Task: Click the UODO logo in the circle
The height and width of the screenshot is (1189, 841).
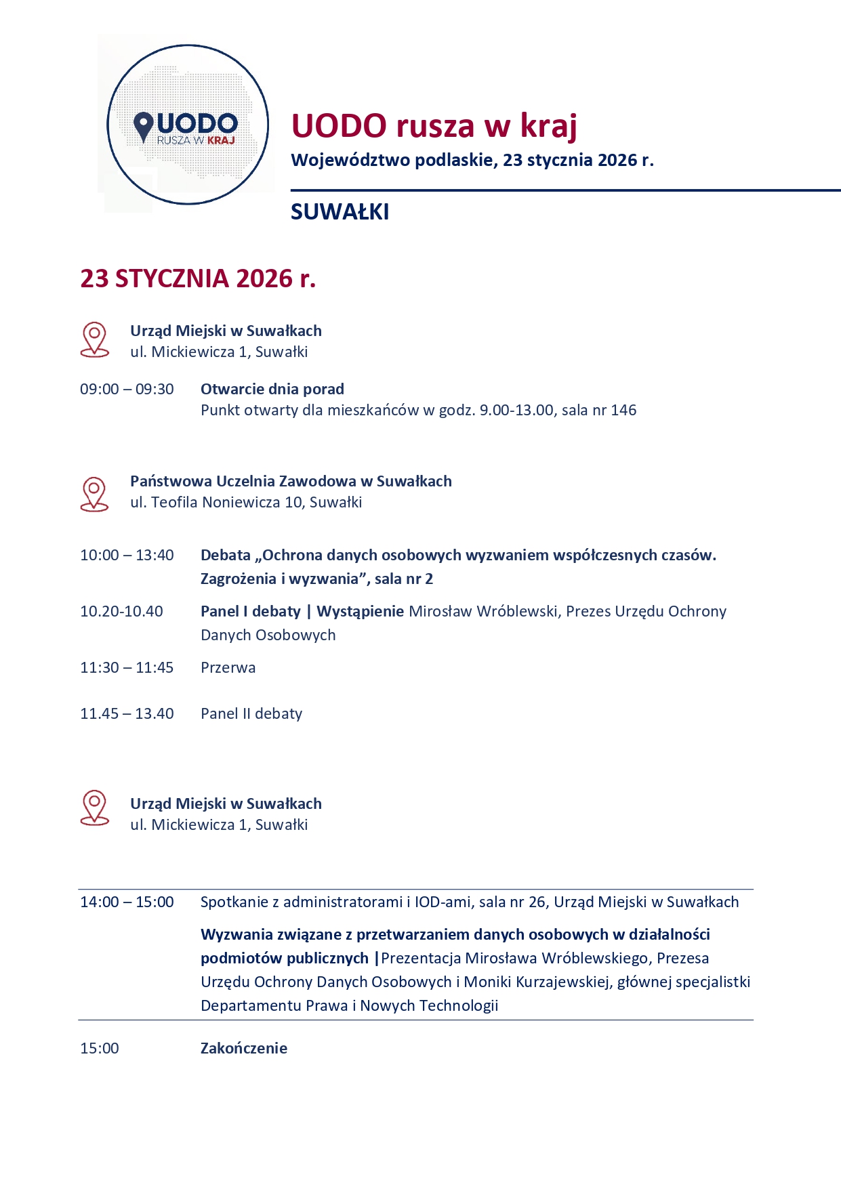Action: click(188, 125)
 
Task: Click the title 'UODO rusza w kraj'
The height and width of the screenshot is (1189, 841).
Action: click(434, 126)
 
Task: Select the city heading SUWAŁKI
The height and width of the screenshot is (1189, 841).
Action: click(340, 212)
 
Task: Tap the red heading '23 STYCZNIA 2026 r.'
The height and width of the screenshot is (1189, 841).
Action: click(198, 278)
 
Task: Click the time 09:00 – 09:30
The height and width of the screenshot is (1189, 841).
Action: click(127, 390)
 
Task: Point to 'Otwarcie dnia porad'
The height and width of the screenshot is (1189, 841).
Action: click(272, 390)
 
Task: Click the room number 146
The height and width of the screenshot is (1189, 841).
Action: click(623, 411)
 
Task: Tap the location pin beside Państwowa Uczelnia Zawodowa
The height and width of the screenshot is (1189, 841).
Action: click(94, 494)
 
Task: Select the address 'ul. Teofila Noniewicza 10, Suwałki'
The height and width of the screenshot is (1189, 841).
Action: click(246, 503)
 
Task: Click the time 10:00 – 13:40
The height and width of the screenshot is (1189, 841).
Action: click(127, 556)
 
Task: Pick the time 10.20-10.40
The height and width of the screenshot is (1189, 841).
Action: click(121, 612)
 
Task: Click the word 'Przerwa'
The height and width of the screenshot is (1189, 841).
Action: click(228, 668)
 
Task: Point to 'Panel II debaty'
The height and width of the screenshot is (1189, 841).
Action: click(251, 714)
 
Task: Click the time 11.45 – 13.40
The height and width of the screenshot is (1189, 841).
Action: click(127, 714)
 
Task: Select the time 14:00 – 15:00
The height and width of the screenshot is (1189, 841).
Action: click(127, 902)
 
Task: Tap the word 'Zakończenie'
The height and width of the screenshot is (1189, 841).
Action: click(244, 1049)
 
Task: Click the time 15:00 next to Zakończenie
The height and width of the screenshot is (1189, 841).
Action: click(100, 1049)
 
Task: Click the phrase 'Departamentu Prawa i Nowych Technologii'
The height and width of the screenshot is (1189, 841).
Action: click(349, 1006)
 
